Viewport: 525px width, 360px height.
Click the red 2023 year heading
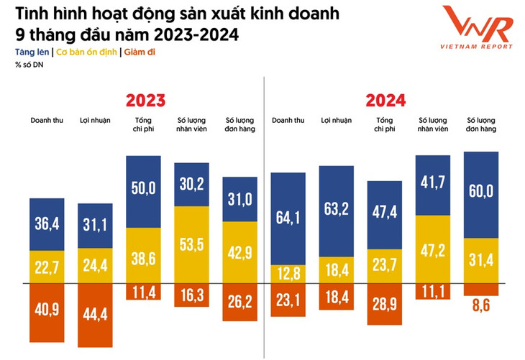click(145, 100)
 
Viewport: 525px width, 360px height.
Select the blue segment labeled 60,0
click(481, 194)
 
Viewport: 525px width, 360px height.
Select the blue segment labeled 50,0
click(143, 188)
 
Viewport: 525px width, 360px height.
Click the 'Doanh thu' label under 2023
click(47, 119)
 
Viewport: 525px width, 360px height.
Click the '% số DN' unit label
click(27, 65)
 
